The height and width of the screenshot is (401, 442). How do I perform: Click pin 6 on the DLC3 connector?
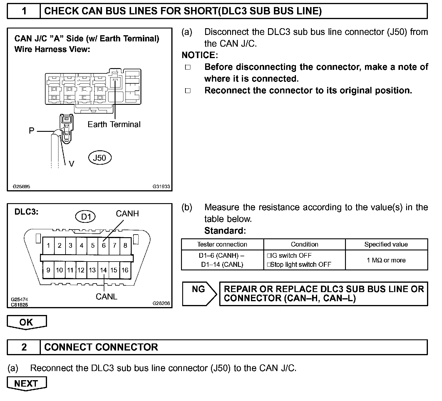pyautogui.click(x=103, y=245)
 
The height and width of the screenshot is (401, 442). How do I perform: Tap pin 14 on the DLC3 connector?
pyautogui.click(x=103, y=270)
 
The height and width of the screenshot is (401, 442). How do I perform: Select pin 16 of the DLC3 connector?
pyautogui.click(x=125, y=270)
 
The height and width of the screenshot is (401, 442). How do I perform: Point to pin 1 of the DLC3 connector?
pyautogui.click(x=48, y=245)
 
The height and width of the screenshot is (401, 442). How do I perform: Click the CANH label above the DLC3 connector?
pyautogui.click(x=127, y=214)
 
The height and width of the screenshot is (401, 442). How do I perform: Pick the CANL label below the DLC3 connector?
pyautogui.click(x=106, y=297)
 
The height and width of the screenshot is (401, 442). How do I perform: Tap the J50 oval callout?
pyautogui.click(x=100, y=158)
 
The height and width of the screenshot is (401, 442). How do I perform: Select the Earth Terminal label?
pyautogui.click(x=114, y=124)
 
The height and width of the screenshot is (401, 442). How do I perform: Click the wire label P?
pyautogui.click(x=31, y=131)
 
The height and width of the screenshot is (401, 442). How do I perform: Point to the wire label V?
pyautogui.click(x=71, y=164)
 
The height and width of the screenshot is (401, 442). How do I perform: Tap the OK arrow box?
pyautogui.click(x=26, y=322)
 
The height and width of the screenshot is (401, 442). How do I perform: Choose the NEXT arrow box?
pyautogui.click(x=26, y=383)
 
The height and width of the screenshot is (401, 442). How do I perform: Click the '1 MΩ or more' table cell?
pyautogui.click(x=386, y=260)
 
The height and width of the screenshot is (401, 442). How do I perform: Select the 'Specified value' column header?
pyautogui.click(x=386, y=245)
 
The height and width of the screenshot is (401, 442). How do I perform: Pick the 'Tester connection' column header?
pyautogui.click(x=222, y=245)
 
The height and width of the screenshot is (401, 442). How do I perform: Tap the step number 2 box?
pyautogui.click(x=24, y=347)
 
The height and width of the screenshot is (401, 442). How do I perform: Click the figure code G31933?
pyautogui.click(x=161, y=186)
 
